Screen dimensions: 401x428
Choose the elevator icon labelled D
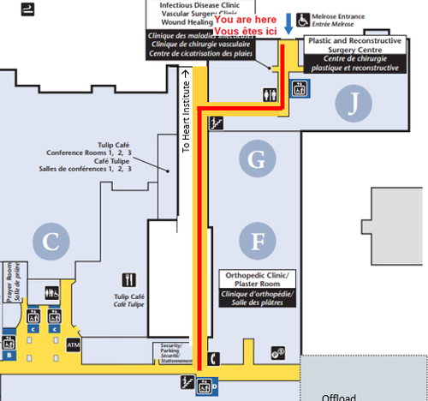coord(205,385)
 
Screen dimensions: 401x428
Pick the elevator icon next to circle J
coord(300,88)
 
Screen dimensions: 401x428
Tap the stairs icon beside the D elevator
coord(185,380)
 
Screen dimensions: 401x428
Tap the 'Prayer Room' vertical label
coord(8,283)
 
